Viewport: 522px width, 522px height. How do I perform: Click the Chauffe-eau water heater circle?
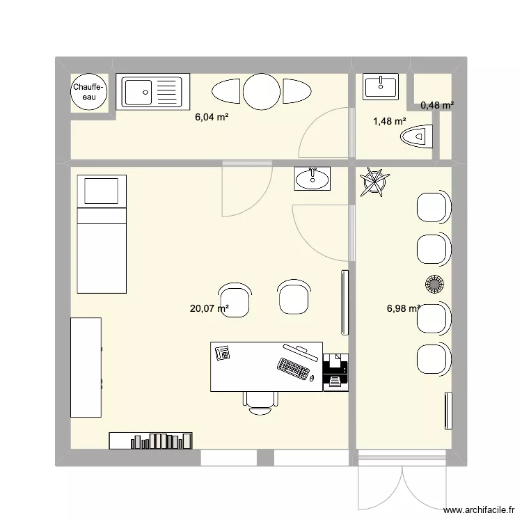coord(89,92)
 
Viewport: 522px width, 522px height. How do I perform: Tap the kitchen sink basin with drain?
coord(137,92)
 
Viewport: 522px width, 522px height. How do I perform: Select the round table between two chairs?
coord(261,92)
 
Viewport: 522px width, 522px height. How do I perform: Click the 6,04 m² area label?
coord(212,117)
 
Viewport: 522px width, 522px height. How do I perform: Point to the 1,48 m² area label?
coord(390,121)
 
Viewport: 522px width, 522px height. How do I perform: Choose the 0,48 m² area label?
coord(437,106)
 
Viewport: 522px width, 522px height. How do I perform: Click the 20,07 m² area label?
coord(209,308)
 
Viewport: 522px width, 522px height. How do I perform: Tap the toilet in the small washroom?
coord(416,136)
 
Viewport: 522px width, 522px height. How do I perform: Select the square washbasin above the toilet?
coord(381,86)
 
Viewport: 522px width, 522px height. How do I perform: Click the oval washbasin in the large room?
coord(313,179)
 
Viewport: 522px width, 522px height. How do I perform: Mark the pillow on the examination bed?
coord(101,191)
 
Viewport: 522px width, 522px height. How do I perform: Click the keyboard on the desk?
coord(293,368)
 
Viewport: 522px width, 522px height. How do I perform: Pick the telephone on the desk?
coord(223,353)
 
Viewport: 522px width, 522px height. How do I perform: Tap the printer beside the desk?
coord(336,372)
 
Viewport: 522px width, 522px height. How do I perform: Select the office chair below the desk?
coord(260,403)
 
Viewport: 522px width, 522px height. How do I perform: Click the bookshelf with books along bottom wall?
coord(150,441)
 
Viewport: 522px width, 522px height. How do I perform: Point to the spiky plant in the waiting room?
coord(375,182)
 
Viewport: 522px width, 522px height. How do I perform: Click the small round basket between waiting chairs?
coord(434,284)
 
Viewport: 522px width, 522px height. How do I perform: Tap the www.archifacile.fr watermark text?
coord(479,509)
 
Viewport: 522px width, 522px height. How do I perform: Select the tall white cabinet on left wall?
coord(86,367)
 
